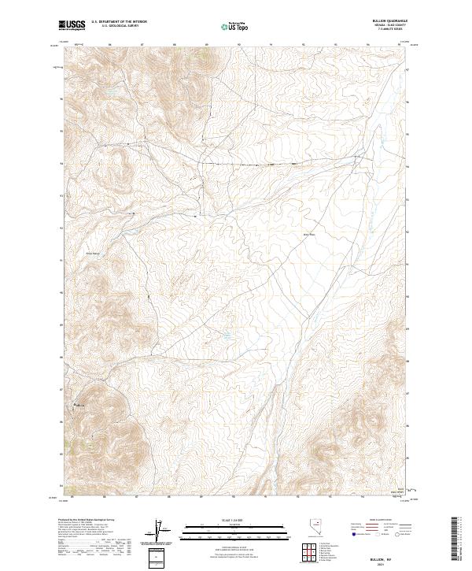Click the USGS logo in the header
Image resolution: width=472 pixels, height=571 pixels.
pos(72,25)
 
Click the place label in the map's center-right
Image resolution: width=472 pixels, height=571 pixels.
pos(308,234)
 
